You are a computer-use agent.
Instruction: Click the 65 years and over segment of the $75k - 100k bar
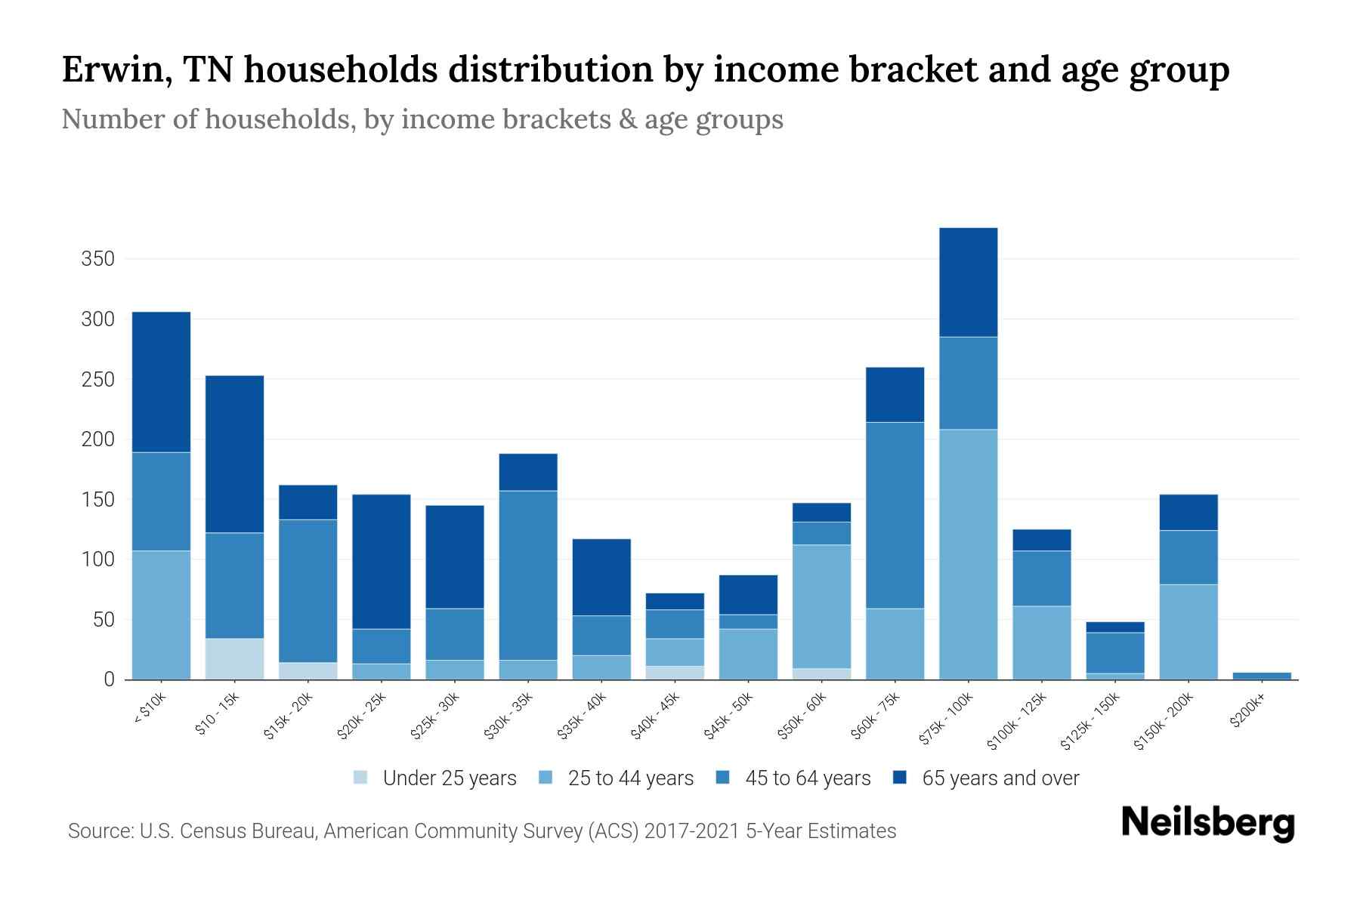click(968, 282)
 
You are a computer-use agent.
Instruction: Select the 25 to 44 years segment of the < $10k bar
click(161, 615)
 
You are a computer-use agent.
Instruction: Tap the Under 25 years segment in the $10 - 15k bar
click(234, 658)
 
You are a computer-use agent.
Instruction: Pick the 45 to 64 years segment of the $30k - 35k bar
click(528, 575)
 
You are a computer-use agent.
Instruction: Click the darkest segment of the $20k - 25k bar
click(382, 562)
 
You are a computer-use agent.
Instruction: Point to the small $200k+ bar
click(1262, 676)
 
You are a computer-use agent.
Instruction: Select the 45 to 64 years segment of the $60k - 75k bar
click(895, 515)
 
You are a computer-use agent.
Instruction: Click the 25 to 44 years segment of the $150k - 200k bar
click(1188, 632)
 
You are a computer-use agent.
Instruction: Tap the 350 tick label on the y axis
click(97, 259)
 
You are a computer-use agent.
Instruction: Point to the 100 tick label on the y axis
click(97, 559)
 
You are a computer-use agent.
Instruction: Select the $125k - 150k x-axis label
click(1091, 722)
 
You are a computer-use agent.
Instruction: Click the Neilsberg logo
click(1207, 823)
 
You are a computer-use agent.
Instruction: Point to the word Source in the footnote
click(98, 831)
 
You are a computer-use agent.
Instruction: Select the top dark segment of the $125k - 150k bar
click(1115, 627)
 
